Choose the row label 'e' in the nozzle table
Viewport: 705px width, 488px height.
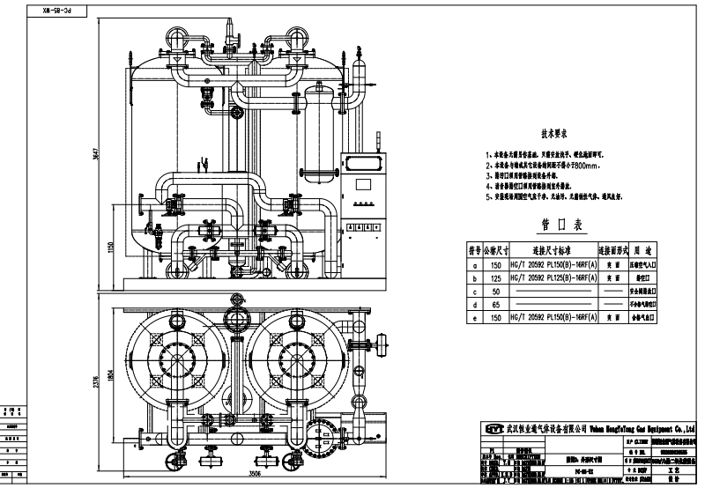(x=476, y=315)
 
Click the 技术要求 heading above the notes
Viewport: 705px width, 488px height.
(x=559, y=135)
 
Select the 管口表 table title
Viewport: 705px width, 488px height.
(x=558, y=226)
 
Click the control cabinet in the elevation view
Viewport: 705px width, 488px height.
(x=363, y=199)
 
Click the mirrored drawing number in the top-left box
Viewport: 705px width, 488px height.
(x=56, y=13)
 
